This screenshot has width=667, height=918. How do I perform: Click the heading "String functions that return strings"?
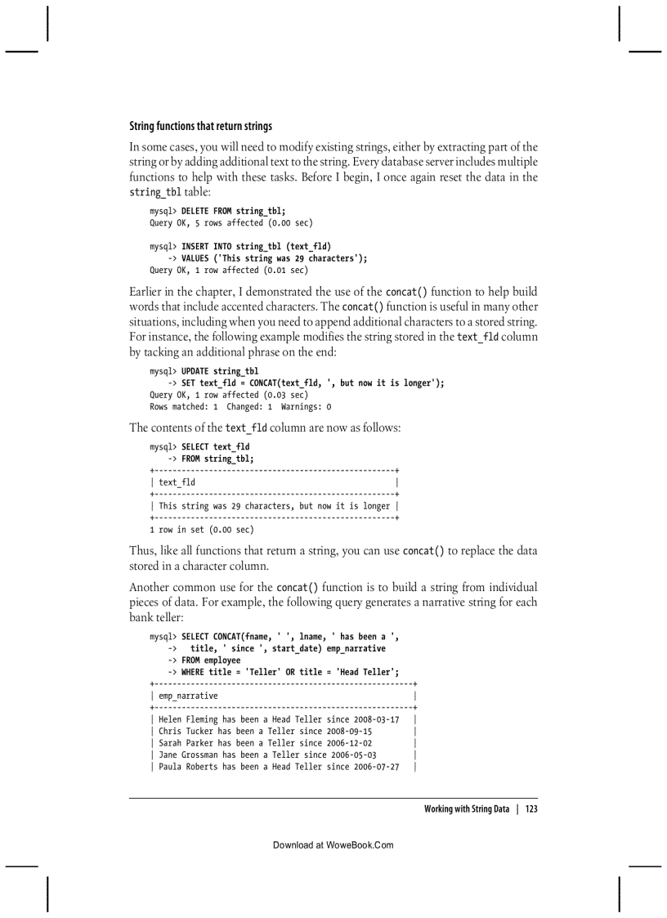tap(200, 126)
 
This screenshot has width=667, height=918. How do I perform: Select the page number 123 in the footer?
tap(531, 809)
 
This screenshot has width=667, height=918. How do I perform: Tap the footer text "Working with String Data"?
tap(466, 809)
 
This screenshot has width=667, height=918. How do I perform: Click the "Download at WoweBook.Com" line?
tap(333, 844)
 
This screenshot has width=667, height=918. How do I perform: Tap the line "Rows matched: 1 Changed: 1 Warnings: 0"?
tap(240, 406)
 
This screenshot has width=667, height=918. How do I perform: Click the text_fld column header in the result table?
tap(177, 482)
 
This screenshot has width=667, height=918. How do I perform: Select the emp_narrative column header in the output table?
tap(188, 696)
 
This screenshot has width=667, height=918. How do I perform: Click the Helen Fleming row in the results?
tap(279, 719)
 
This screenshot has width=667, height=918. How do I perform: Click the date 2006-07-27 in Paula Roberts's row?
tap(377, 767)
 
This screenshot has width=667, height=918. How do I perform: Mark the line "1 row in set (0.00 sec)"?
tap(202, 530)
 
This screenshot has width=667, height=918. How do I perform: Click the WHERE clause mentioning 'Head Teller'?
tap(284, 672)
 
